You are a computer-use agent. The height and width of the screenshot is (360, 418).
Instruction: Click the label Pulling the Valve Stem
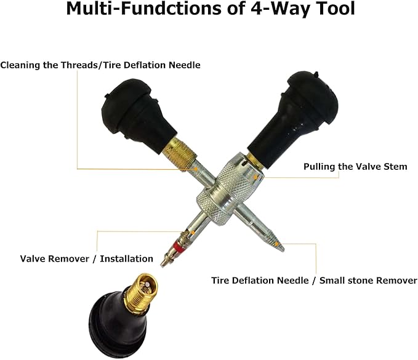pos(355,167)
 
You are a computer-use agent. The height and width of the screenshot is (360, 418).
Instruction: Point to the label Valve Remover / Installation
pos(86,259)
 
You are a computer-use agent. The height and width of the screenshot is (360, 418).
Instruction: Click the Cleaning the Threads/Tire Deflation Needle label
pos(100,65)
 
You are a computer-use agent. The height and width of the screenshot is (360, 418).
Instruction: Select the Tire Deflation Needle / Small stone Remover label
pos(314,280)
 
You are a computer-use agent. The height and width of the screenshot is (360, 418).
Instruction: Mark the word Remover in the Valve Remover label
pos(68,259)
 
